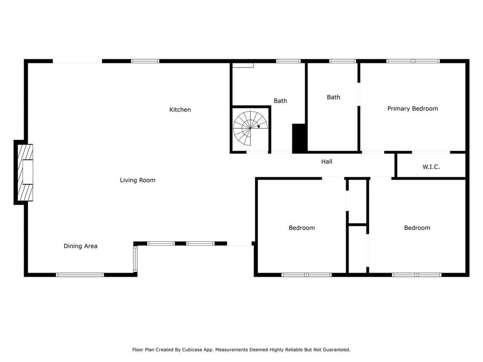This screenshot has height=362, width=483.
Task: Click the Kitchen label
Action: point(180,109)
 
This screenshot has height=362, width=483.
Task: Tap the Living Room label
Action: point(138,180)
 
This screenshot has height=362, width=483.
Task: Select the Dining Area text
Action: point(80,246)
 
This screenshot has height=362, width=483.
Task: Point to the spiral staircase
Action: point(250,128)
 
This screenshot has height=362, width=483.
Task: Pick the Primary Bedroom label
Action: point(412,109)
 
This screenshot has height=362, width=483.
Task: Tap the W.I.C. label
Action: point(431,167)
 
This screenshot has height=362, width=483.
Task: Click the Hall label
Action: point(327,162)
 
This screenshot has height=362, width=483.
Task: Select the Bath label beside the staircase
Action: point(280,101)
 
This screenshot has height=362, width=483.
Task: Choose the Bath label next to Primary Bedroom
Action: point(333,97)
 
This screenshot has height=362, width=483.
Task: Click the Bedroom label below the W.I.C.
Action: point(417,228)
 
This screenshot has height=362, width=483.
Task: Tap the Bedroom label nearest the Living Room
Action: point(301,228)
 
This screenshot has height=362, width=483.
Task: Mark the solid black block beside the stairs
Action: point(299,138)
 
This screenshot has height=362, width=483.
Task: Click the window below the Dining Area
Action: point(80,275)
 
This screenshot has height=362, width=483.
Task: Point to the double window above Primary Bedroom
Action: point(413,61)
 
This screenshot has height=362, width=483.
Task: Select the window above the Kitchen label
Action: point(145,61)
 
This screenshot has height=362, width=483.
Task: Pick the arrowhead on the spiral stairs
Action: point(258,126)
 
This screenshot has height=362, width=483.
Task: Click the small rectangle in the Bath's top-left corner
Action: point(243,65)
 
